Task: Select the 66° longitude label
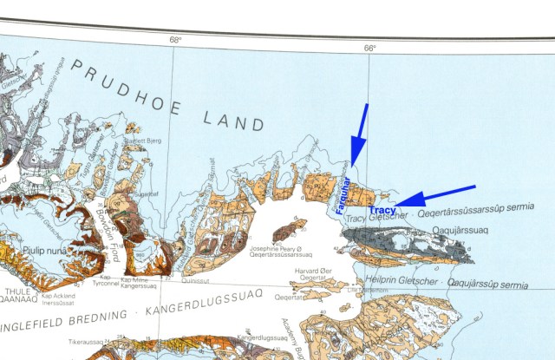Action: pyautogui.click(x=369, y=48)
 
